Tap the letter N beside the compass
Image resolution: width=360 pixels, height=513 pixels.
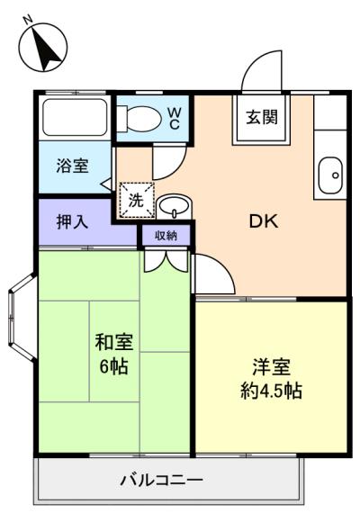coord(28,19)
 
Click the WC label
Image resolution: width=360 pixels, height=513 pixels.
coord(175,117)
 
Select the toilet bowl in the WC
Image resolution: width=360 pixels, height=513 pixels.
coord(140,117)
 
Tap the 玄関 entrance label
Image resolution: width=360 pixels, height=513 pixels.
coord(262,117)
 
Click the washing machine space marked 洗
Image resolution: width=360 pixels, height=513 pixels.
coord(136,201)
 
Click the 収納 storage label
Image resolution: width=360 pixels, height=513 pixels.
coord(165,236)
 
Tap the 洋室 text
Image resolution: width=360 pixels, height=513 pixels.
coord(271,367)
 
